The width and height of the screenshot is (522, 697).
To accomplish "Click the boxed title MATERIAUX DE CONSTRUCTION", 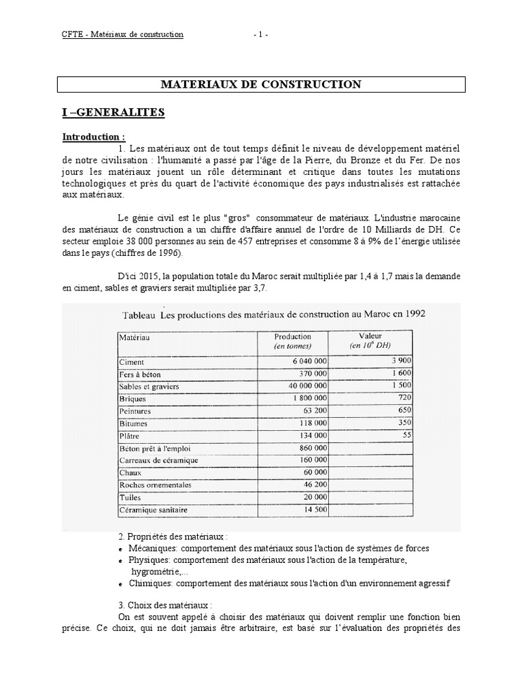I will pos(260,84).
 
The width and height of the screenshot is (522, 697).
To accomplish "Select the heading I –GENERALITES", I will pos(114,112).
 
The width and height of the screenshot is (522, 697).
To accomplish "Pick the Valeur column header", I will pos(370,336).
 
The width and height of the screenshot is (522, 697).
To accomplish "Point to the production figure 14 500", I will pos(313,509).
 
